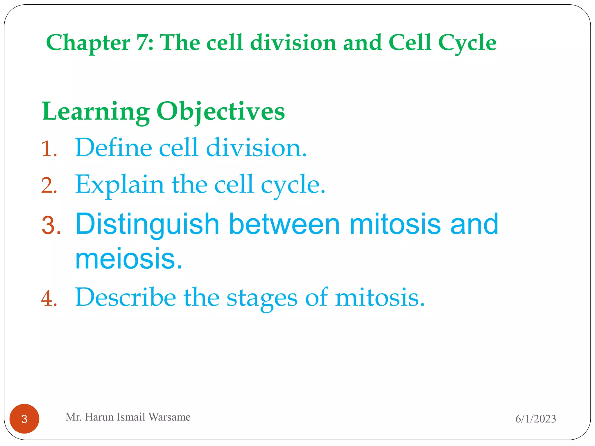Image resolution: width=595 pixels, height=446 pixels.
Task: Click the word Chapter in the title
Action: pos(88,43)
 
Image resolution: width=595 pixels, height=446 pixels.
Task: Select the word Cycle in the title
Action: pos(467,43)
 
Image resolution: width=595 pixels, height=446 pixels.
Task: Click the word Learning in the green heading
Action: pos(96,112)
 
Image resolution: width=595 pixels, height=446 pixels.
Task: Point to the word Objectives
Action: pos(221,112)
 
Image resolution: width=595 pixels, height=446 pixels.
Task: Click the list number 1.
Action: pos(49,149)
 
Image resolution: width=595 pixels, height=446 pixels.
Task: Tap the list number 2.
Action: pos(49,186)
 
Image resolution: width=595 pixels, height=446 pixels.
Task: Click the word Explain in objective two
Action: pos(119,185)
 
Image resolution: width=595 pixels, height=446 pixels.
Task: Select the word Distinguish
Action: pos(147,224)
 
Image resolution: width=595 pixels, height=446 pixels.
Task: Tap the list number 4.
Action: pos(49,298)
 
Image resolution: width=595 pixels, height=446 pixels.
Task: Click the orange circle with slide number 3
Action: pos(24,419)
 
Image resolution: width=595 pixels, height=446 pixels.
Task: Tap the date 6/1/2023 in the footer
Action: pos(535,419)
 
